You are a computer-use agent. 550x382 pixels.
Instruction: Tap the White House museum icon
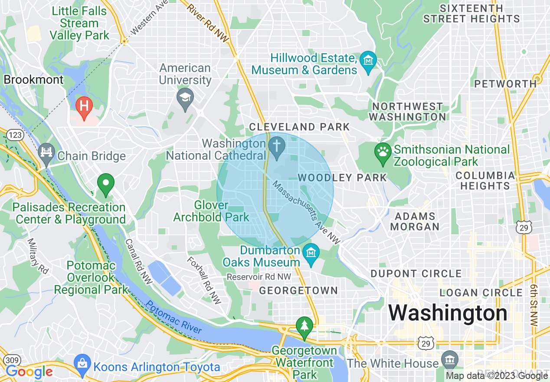pyautogui.click(x=449, y=359)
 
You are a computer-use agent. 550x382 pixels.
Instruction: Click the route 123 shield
pyautogui.click(x=15, y=135)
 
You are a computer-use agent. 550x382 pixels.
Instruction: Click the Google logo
pyautogui.click(x=29, y=372)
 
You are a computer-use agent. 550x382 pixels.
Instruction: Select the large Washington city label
pyautogui.click(x=448, y=313)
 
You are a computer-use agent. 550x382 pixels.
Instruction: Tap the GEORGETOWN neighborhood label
pyautogui.click(x=298, y=291)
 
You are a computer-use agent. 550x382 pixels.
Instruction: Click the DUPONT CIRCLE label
pyautogui.click(x=416, y=274)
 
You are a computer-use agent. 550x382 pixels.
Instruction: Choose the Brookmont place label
pyautogui.click(x=33, y=80)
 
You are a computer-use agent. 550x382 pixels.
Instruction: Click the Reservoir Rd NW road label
pyautogui.click(x=259, y=277)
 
